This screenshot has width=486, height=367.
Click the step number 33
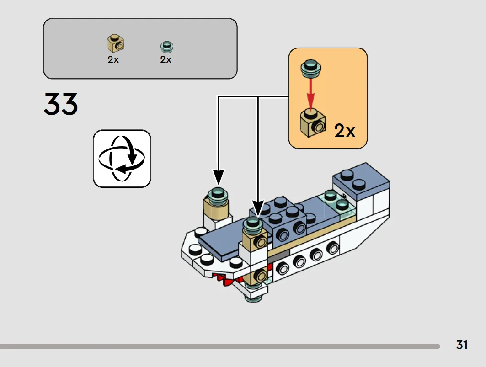[x=61, y=104]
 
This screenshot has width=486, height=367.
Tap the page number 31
[x=462, y=345]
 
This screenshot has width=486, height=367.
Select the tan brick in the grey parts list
[x=116, y=43]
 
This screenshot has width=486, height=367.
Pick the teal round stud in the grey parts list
[x=167, y=47]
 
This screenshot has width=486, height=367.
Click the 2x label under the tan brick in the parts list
[x=113, y=59]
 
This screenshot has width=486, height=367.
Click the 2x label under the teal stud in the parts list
[x=166, y=59]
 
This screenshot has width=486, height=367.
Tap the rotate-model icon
[x=122, y=159]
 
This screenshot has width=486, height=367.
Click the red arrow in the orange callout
[x=311, y=93]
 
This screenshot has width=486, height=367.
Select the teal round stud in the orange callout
[x=311, y=69]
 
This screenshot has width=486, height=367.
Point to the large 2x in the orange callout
[x=345, y=131]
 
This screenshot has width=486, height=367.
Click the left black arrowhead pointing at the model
[x=219, y=178]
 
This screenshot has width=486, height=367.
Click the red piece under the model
[x=230, y=279]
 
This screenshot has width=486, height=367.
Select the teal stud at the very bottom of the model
[x=254, y=298]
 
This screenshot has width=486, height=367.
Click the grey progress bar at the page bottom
[x=220, y=346]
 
